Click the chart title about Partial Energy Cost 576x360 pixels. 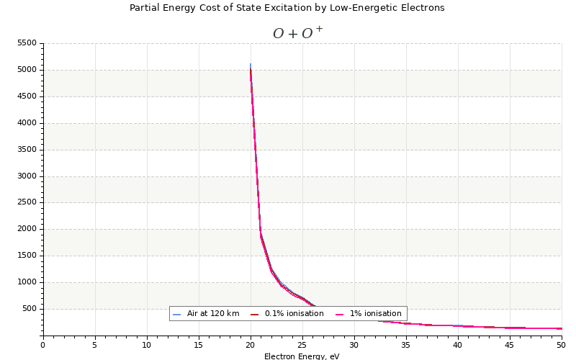pos(287,8)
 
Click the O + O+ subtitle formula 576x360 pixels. pos(297,33)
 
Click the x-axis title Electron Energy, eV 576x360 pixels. pos(302,356)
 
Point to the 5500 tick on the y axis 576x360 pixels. pos(26,44)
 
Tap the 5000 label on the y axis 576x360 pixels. pos(26,71)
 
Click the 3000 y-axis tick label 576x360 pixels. pos(26,176)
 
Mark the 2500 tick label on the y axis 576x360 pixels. pos(26,203)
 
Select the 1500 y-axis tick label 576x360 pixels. pos(26,256)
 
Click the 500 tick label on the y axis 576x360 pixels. pos(29,310)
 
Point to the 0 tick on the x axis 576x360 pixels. pos(43,345)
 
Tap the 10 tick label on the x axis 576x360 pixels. pos(147,345)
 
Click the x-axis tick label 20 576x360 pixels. pos(251,345)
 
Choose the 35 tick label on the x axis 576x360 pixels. pos(406,345)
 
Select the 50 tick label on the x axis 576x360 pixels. pos(561,345)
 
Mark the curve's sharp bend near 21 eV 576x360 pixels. pos(261,235)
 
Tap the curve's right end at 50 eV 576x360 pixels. pos(561,328)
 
